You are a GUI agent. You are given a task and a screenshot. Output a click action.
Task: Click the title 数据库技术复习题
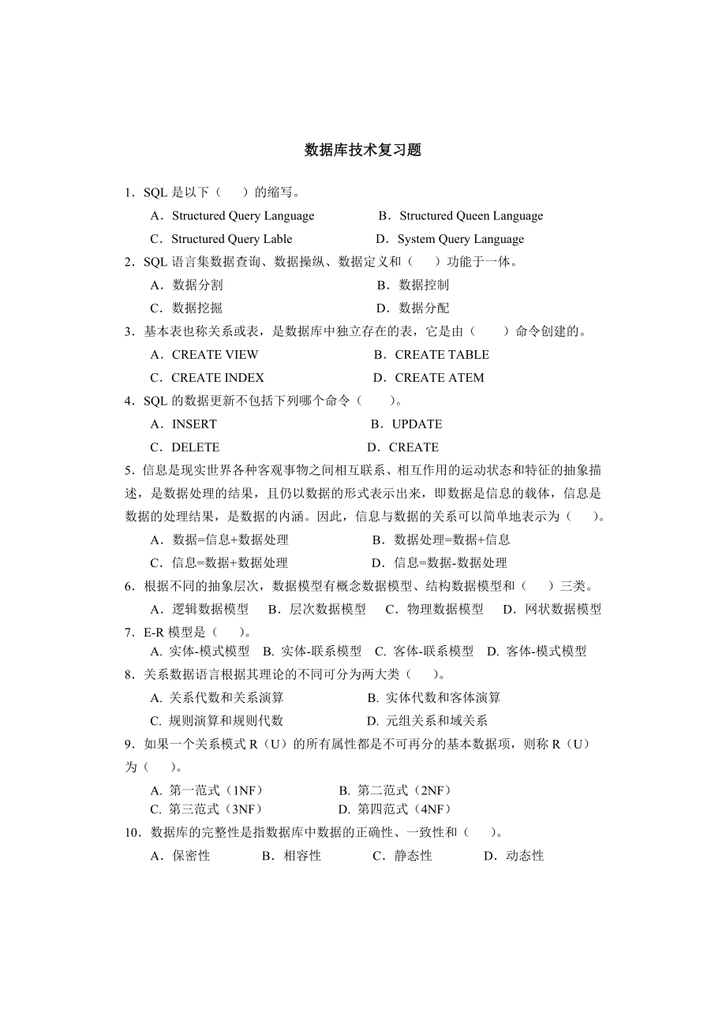[x=363, y=151]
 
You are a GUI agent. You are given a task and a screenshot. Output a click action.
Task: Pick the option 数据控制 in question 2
[x=423, y=285]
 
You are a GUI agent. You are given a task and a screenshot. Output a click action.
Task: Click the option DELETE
[x=195, y=447]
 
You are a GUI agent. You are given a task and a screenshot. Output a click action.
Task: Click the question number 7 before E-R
[x=129, y=633]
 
